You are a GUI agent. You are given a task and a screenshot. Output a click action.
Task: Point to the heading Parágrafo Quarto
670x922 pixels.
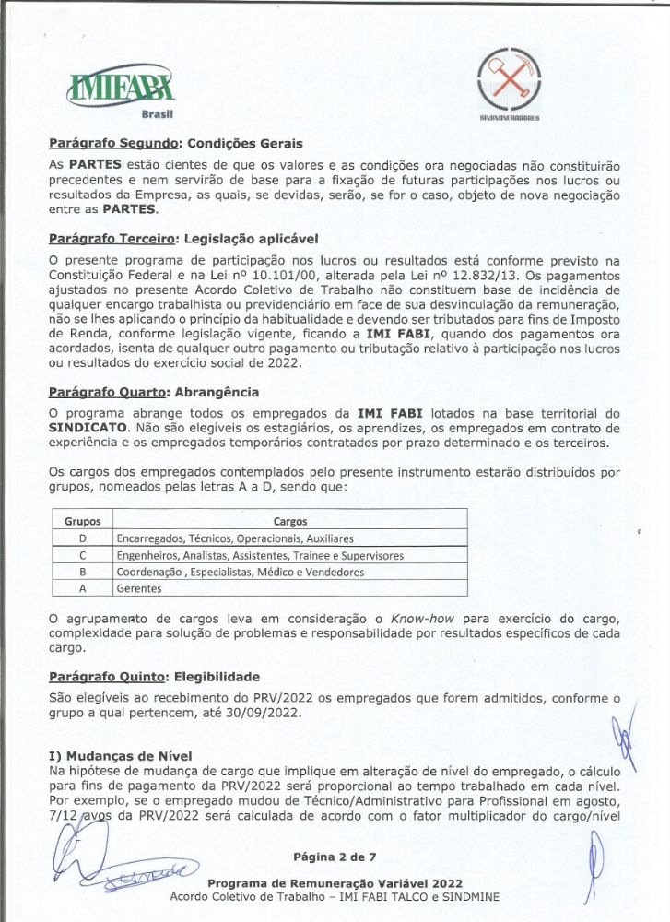pos(107,392)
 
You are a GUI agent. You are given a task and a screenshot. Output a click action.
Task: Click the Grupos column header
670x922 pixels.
pos(82,522)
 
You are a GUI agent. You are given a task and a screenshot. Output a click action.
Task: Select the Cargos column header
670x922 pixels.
pos(291,522)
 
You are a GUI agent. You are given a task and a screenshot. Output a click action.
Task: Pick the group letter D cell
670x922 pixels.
pos(82,538)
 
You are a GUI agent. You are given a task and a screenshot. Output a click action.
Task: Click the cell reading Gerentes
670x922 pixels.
pos(138,588)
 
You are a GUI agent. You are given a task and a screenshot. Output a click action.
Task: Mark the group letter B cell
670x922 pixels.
pos(82,572)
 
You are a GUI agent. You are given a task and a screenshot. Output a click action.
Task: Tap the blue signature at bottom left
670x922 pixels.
pos(129,862)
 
